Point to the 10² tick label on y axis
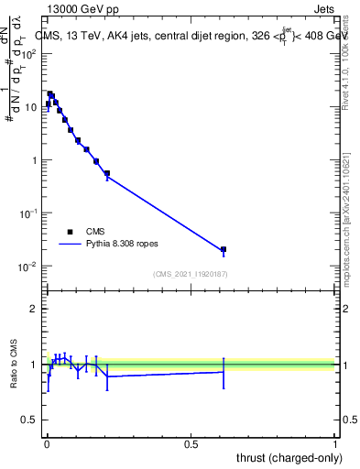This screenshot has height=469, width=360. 31,53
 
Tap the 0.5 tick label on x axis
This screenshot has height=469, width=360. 191,443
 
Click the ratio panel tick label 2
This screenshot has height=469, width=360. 36,309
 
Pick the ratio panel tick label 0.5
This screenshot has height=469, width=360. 31,420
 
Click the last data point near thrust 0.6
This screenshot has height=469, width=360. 224,249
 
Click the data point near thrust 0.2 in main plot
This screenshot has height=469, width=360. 107,173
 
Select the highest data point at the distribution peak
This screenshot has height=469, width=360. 50,93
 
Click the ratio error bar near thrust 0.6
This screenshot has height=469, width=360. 224,372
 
